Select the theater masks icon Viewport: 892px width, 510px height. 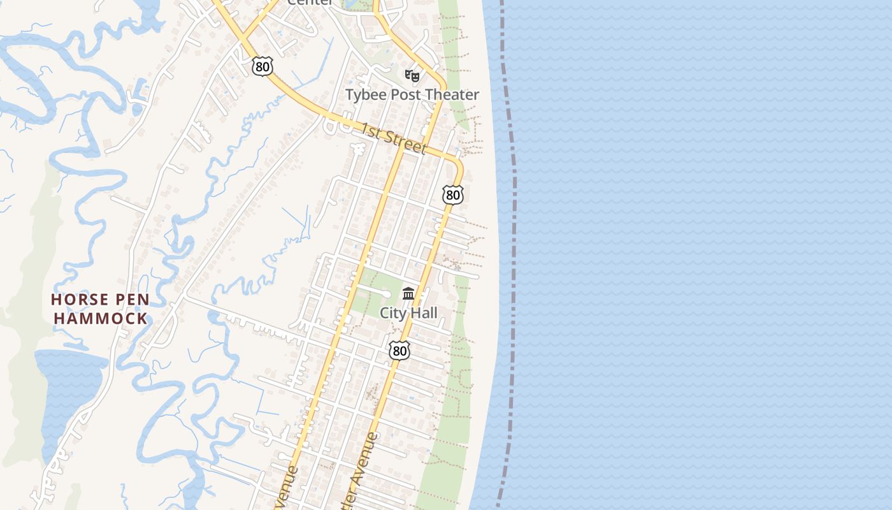[x=412, y=76]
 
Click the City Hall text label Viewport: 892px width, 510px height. [x=408, y=313]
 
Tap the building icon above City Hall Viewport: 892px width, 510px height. [x=408, y=294]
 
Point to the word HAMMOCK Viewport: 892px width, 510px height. [x=101, y=318]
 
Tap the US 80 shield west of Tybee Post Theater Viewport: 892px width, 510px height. [x=262, y=66]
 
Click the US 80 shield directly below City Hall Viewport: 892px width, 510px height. [x=399, y=350]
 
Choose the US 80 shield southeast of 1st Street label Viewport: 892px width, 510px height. [x=453, y=194]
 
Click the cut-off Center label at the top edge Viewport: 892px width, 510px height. [x=310, y=3]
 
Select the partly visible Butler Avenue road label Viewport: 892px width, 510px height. [x=363, y=472]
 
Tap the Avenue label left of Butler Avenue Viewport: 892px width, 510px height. [x=287, y=488]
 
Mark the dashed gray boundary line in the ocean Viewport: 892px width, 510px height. [x=514, y=255]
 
